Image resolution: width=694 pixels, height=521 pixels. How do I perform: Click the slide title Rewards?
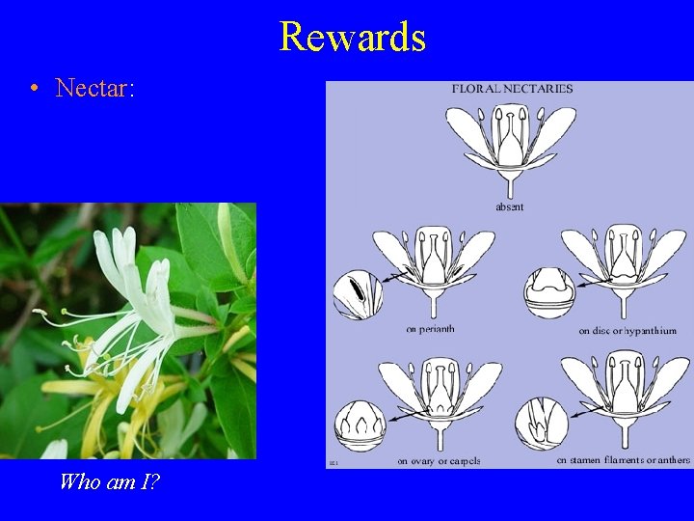[352, 37]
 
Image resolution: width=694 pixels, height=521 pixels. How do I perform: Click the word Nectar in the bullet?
[93, 89]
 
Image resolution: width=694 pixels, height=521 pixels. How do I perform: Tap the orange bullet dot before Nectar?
[34, 90]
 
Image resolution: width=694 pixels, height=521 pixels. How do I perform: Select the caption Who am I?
[109, 480]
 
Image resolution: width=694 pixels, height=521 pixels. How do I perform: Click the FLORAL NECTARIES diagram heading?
[512, 89]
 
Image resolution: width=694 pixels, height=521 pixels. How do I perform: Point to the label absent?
[509, 206]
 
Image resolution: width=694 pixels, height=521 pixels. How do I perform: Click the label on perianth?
[429, 329]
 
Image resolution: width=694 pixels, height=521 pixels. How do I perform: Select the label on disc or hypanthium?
[627, 330]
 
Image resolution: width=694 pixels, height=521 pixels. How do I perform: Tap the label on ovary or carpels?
[439, 460]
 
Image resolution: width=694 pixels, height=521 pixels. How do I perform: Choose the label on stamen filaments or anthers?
[623, 459]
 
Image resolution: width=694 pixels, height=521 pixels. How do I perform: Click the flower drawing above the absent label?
[510, 145]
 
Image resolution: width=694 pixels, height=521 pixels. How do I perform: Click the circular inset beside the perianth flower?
[358, 293]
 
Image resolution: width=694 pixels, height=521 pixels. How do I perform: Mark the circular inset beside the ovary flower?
[360, 425]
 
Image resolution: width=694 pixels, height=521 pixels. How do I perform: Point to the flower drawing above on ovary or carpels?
[440, 400]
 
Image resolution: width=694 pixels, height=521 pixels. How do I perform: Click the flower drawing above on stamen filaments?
[625, 399]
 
